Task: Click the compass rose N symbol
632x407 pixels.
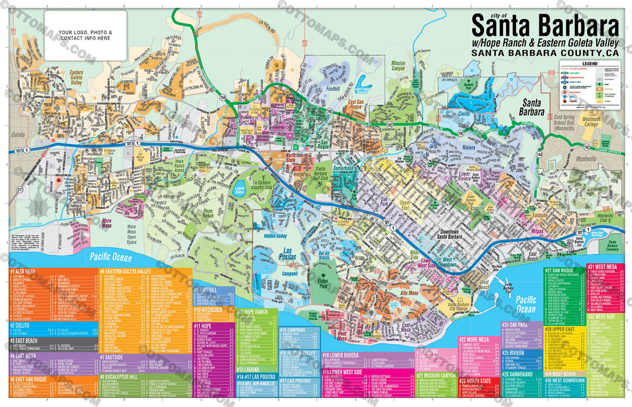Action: [x=38, y=208]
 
